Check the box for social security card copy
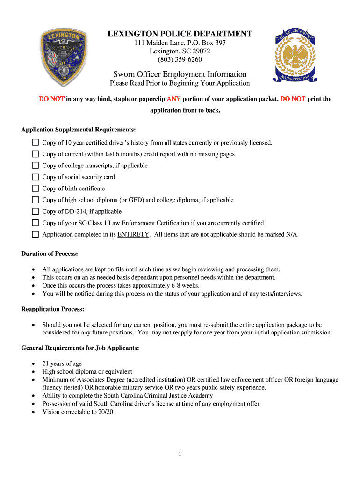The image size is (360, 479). pos(36,177)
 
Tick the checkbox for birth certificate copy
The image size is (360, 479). pos(36,189)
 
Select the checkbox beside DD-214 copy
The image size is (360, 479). pos(36,211)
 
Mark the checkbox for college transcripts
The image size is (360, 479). pos(36,166)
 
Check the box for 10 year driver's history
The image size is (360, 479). pos(36,143)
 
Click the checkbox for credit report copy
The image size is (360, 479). pos(36,154)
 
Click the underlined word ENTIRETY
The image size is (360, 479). pos(133,235)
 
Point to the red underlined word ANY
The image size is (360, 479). pos(173,99)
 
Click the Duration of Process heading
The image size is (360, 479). pos(50,254)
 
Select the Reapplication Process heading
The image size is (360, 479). pos(52,309)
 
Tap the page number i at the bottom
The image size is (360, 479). pos(180,453)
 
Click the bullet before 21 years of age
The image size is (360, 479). pos(33,364)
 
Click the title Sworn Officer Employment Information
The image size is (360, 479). pos(180,74)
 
